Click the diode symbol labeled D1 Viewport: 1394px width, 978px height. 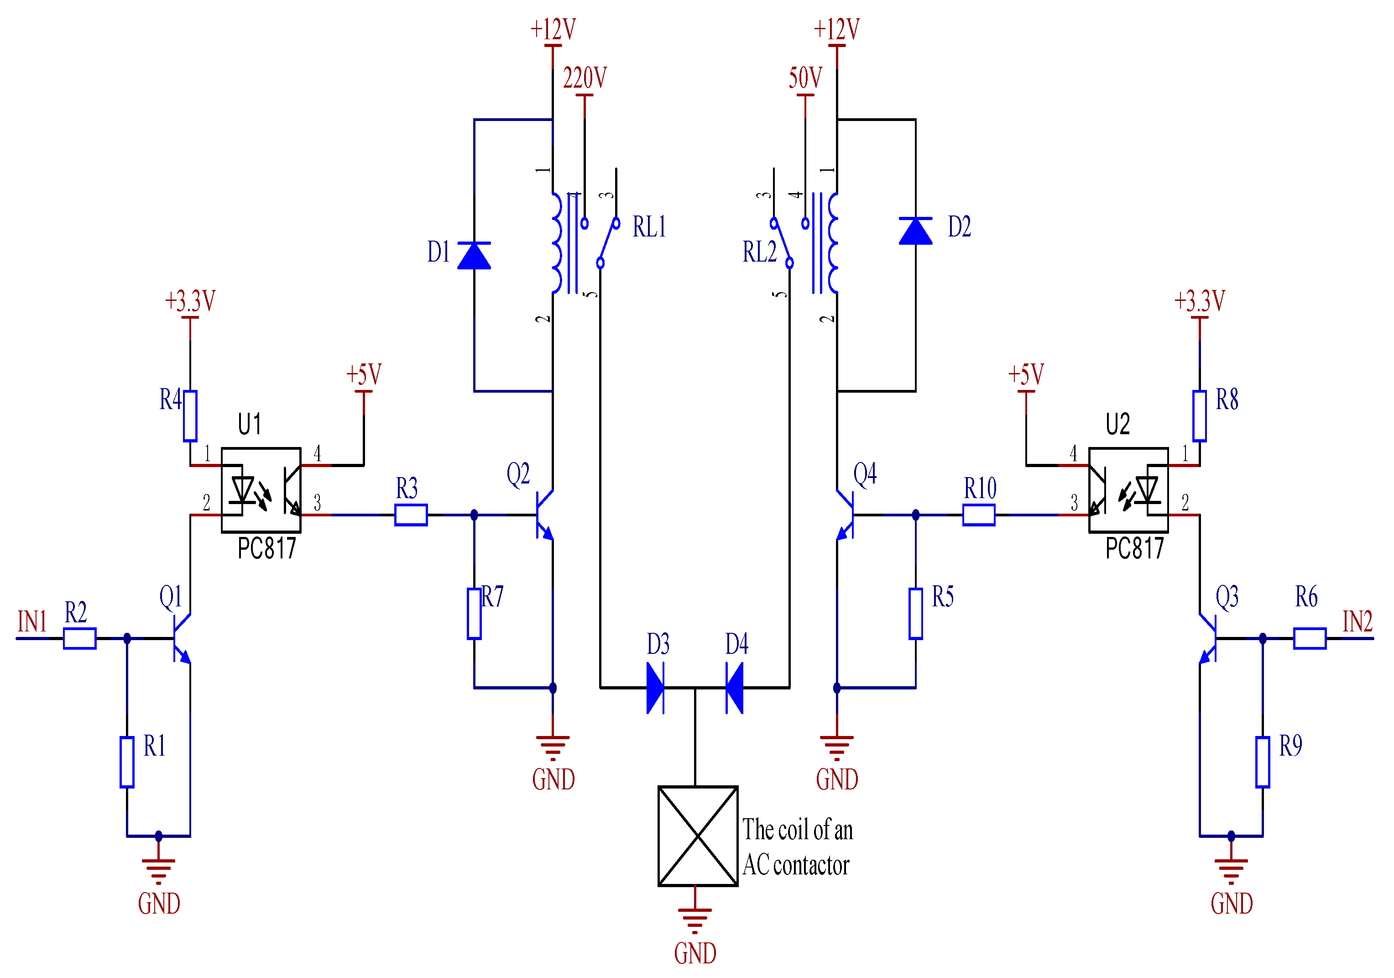tap(474, 255)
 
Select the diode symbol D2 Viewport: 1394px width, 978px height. tap(916, 231)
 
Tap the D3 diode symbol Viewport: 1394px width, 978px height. tap(655, 688)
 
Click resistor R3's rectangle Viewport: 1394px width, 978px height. tap(411, 515)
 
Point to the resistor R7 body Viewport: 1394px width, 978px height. tap(474, 614)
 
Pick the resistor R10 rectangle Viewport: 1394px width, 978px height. tap(979, 515)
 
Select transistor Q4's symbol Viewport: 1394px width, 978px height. tap(846, 515)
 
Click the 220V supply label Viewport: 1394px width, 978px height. tap(585, 78)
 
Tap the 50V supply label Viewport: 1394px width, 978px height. tap(805, 78)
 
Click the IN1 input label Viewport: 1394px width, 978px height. tap(32, 621)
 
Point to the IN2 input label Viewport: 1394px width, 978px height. tap(1357, 621)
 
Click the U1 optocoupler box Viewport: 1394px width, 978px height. tap(261, 489)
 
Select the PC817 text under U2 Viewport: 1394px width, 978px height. tap(1134, 548)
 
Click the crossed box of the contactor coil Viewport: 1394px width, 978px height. tap(698, 836)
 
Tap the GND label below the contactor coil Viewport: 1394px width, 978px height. tap(695, 953)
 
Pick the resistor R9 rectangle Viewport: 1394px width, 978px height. tap(1263, 762)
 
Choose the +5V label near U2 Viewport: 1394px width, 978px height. tap(1026, 374)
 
